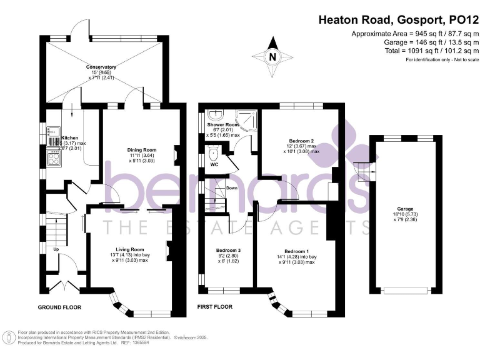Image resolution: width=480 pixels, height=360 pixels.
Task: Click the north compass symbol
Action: click(x=271, y=56)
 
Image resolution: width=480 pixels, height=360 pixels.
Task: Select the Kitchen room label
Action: click(x=69, y=137)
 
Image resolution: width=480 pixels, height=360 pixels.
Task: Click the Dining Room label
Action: click(x=141, y=150)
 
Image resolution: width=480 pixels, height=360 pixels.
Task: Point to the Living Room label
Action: click(x=121, y=249)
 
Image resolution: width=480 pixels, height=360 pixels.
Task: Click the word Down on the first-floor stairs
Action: click(x=231, y=188)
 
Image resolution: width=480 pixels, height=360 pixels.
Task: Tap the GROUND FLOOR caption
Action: click(x=59, y=307)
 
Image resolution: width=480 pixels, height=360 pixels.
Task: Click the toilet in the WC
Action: click(x=214, y=153)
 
